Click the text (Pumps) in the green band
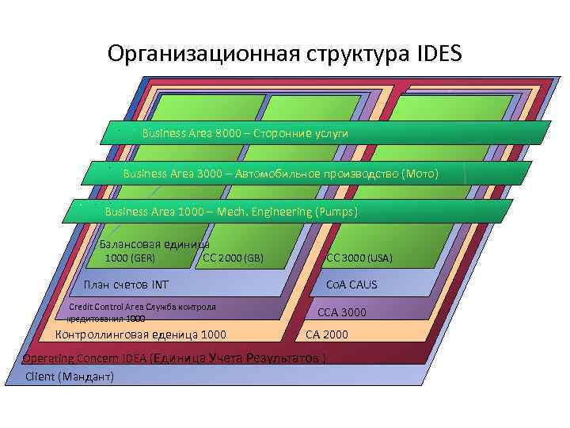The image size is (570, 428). [336, 212]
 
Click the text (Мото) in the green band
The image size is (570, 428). [420, 173]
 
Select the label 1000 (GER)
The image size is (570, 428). [130, 258]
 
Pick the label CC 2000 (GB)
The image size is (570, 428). [234, 258]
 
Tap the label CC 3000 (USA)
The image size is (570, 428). [359, 258]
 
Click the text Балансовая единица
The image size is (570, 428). [154, 244]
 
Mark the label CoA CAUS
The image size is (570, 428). [351, 285]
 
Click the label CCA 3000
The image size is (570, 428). [342, 312]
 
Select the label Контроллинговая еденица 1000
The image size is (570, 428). [140, 334]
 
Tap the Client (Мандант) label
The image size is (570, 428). [70, 376]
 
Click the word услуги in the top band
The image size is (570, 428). [331, 133]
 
